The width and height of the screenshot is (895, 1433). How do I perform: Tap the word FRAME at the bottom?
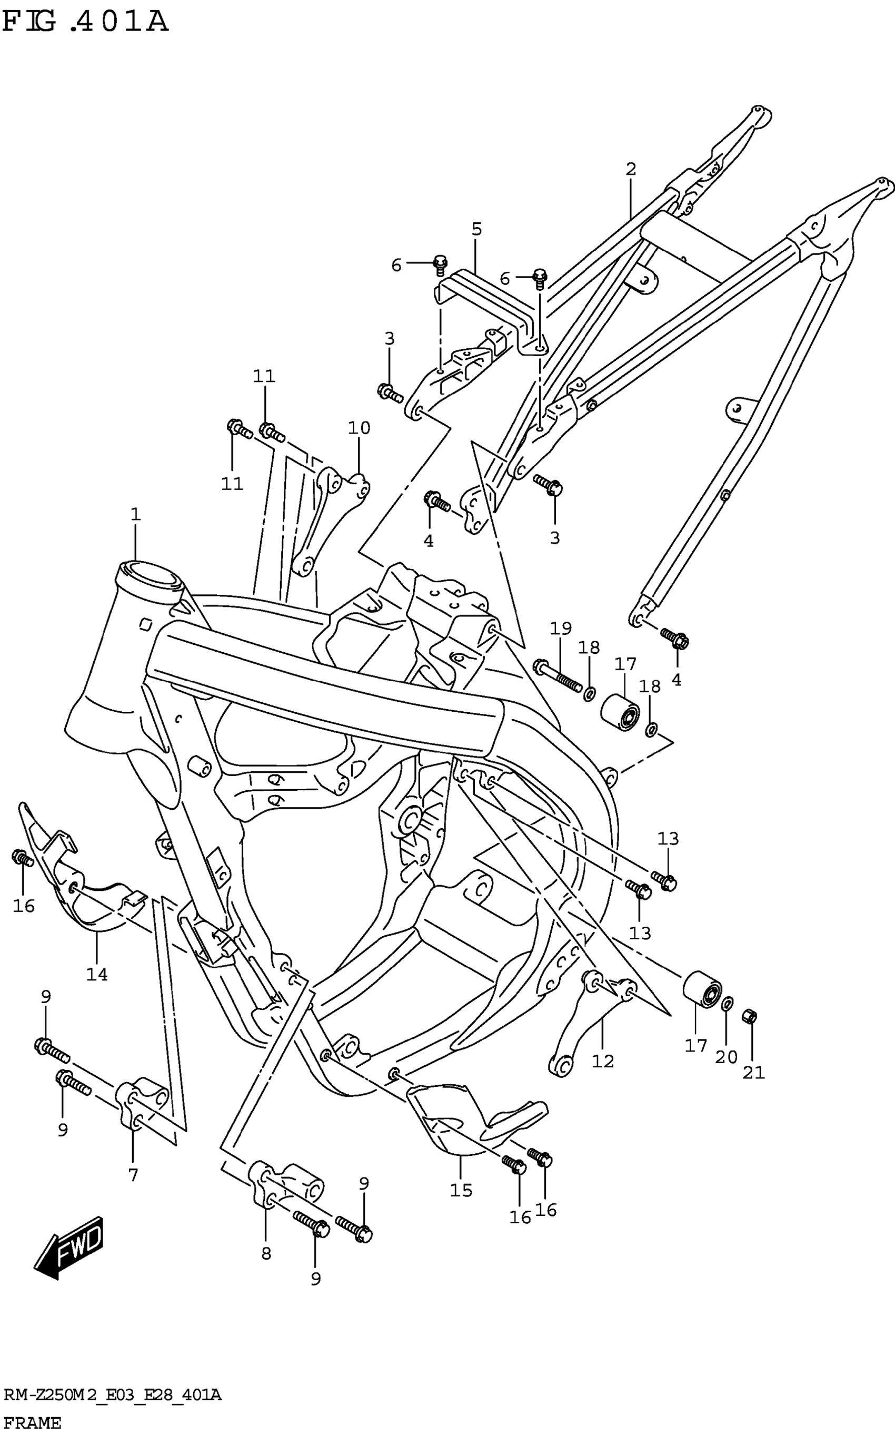point(32,1422)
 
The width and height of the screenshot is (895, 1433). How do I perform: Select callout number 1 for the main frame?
point(135,514)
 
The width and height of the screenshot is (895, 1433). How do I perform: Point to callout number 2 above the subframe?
point(631,169)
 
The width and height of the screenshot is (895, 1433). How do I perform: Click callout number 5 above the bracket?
point(476,229)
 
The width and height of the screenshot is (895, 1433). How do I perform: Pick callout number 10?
point(359,428)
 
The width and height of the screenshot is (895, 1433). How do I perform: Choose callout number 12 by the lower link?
point(603,1061)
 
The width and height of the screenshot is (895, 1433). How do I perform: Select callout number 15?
point(461,1190)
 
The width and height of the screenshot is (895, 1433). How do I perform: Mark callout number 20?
point(727,1057)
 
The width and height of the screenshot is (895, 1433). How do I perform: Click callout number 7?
point(133,1175)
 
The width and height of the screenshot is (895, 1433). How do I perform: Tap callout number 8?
point(266,1253)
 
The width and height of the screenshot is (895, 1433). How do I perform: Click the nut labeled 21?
point(749,1017)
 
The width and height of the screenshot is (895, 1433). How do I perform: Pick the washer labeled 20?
point(728,1003)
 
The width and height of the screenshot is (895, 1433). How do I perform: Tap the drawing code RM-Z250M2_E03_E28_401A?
point(113,1396)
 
